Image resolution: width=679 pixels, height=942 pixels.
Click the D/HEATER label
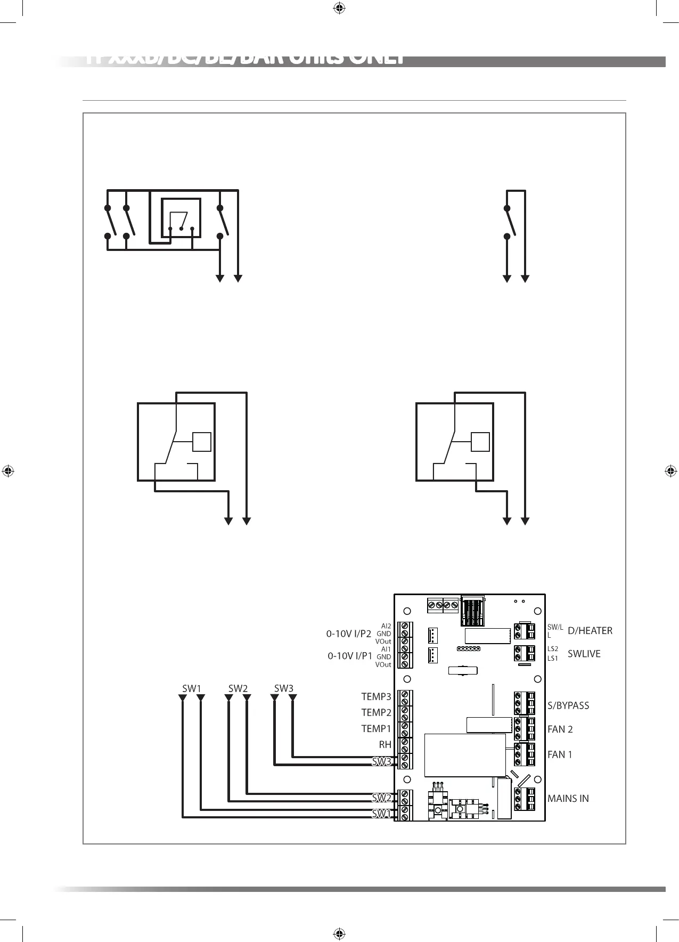click(590, 631)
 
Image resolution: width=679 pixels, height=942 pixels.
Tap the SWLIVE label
click(584, 654)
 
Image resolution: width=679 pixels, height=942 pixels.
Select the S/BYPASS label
click(568, 705)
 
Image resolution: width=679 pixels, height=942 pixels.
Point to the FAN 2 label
click(560, 729)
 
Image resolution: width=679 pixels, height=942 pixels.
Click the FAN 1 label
click(560, 754)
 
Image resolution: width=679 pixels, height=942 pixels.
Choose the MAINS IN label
click(568, 799)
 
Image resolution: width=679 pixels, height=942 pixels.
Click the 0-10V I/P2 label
click(348, 634)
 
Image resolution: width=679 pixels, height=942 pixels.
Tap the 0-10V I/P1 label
click(349, 656)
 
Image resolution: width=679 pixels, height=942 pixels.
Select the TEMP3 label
click(376, 696)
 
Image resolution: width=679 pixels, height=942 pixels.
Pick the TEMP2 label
click(376, 712)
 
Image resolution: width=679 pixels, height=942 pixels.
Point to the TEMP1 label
click(376, 728)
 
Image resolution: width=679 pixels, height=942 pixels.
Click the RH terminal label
click(385, 745)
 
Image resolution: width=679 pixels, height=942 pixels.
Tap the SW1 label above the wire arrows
click(192, 688)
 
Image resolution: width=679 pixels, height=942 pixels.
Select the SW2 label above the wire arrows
click(238, 688)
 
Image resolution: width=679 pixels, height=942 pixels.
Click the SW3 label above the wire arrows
click(284, 688)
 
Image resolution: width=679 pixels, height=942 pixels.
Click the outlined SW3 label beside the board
click(381, 762)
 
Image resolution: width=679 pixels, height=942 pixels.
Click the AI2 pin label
click(386, 626)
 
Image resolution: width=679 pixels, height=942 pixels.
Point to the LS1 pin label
click(553, 658)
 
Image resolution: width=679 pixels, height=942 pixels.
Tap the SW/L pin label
click(555, 627)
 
